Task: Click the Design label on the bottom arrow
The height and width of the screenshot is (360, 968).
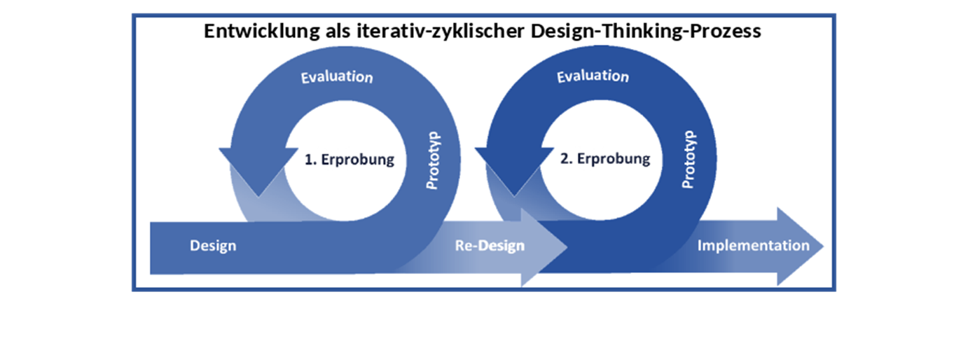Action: pos(213,246)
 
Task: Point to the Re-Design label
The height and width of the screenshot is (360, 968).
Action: pos(490,246)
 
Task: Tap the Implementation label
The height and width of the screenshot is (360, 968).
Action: pos(753,246)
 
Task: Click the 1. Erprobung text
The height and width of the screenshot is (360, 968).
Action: pos(349,159)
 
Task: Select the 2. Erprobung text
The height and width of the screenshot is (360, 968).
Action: pos(605,159)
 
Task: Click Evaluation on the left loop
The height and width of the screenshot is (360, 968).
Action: pos(336,76)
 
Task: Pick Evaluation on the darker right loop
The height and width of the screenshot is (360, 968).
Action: pos(593,76)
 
